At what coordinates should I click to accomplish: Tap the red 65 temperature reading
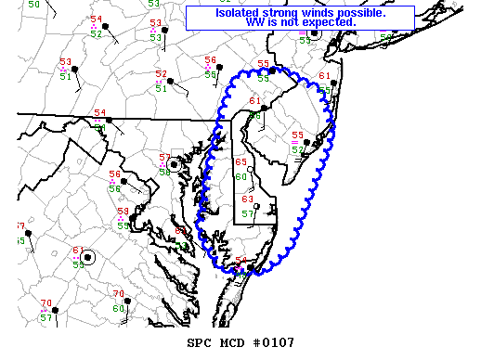[241, 162]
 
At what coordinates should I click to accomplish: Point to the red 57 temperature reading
[164, 158]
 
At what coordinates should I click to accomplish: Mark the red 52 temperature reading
[161, 73]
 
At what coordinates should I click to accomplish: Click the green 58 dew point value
[164, 171]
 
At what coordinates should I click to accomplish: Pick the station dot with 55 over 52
[306, 142]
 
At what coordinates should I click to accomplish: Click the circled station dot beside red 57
[174, 163]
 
